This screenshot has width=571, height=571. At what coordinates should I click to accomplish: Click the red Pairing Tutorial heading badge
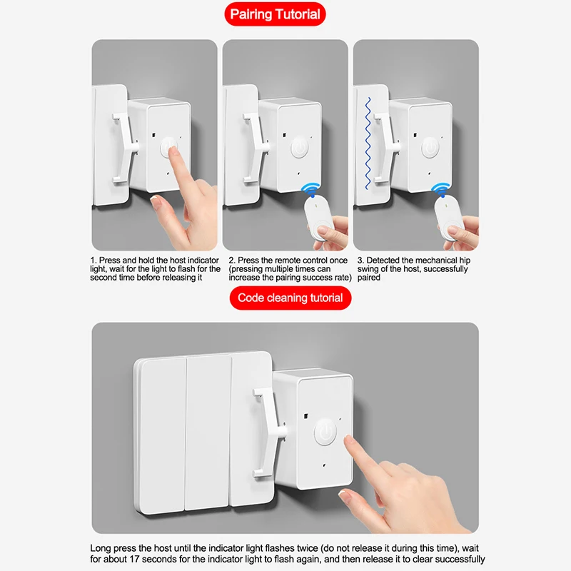click(x=275, y=14)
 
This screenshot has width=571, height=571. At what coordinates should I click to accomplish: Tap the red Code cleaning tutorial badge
click(x=290, y=298)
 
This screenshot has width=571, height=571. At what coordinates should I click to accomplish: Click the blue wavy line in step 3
click(x=368, y=143)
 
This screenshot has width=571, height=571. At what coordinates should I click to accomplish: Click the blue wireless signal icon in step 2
click(x=310, y=190)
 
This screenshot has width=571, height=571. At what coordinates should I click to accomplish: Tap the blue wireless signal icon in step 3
click(x=440, y=190)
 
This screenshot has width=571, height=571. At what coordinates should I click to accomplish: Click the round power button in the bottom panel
click(x=325, y=433)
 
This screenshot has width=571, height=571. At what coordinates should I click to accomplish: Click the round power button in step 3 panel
click(x=430, y=148)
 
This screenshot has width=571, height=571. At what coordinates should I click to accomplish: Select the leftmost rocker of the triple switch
click(x=163, y=435)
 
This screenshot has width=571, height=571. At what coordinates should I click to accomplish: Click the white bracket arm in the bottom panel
click(x=268, y=433)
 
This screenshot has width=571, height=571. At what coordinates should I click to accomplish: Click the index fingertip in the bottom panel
click(x=348, y=441)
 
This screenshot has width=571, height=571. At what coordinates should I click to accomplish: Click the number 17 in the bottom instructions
click(x=134, y=559)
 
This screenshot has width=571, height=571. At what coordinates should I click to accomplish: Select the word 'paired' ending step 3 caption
click(x=368, y=278)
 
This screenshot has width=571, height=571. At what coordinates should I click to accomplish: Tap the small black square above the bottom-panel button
click(x=306, y=416)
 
